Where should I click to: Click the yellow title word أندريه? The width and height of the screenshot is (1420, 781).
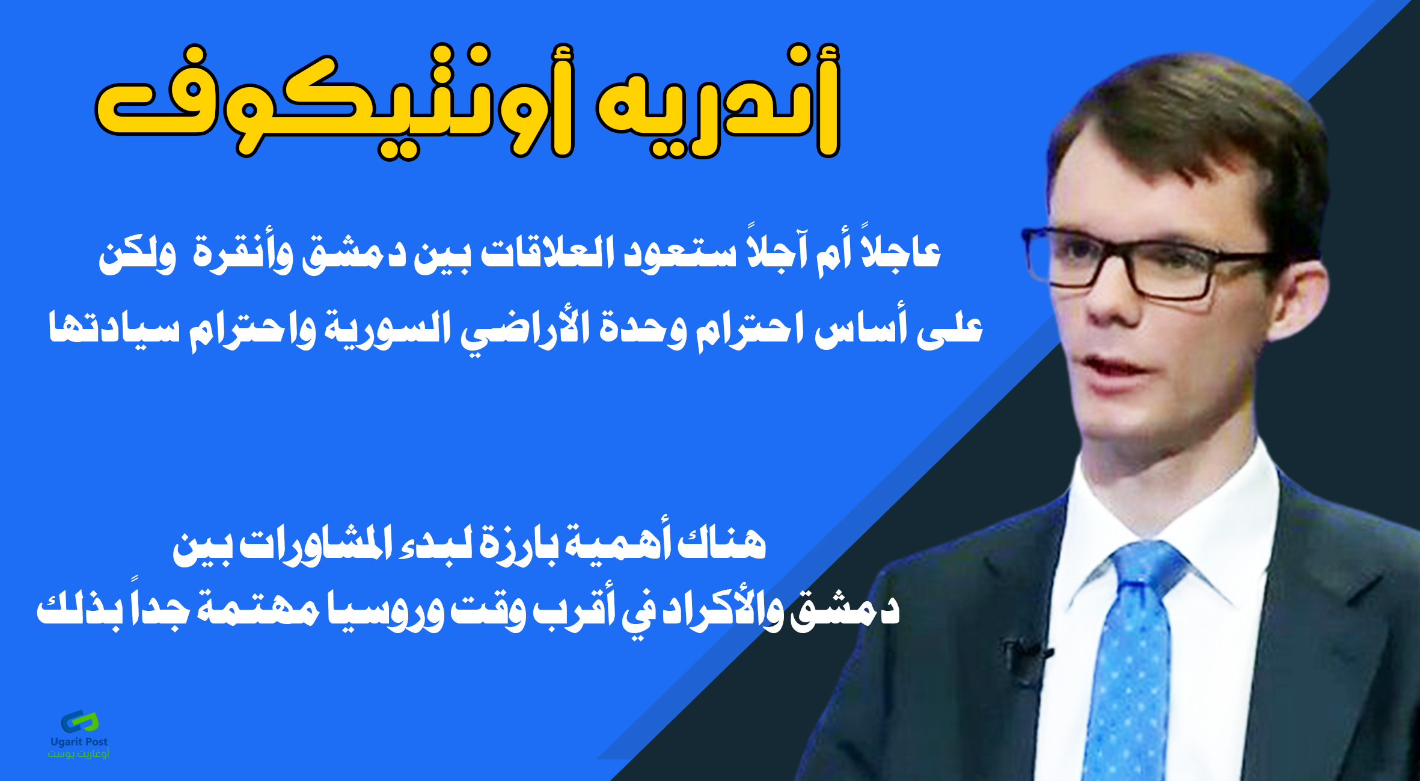(x=719, y=101)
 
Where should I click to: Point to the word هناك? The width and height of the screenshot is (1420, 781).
(x=721, y=545)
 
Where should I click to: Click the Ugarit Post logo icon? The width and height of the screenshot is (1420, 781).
(x=79, y=721)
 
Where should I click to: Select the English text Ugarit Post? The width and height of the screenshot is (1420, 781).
(x=79, y=742)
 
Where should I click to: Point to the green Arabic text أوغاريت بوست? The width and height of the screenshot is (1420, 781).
(x=79, y=753)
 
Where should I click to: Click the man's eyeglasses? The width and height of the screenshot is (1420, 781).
(x=1142, y=262)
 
